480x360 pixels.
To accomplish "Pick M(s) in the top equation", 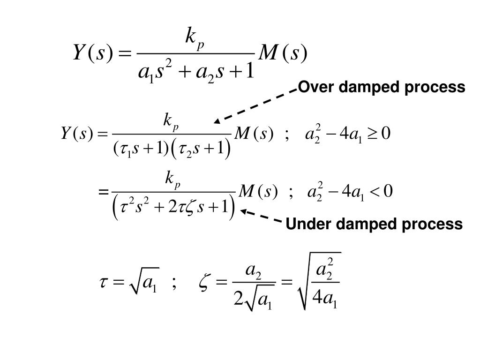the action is point(283,53).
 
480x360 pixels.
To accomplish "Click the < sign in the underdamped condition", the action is point(375,192).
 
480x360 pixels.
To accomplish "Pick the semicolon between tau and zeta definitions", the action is point(174,284).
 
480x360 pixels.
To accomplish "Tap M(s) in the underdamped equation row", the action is point(258,192).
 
